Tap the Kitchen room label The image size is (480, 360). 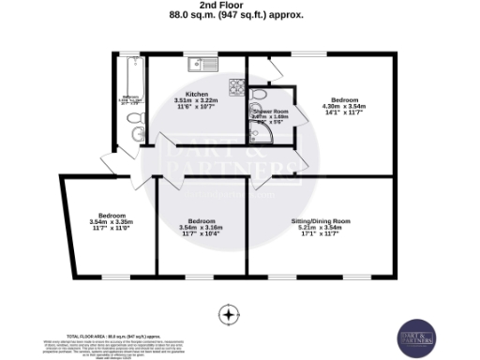[x=197, y=95]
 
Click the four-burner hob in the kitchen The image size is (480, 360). [x=236, y=91]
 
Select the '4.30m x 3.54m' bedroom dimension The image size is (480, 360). [x=343, y=106]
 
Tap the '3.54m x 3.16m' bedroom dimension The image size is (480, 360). [x=200, y=228]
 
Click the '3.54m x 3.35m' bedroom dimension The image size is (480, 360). [x=111, y=222]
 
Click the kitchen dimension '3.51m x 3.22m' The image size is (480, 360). [x=197, y=101]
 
